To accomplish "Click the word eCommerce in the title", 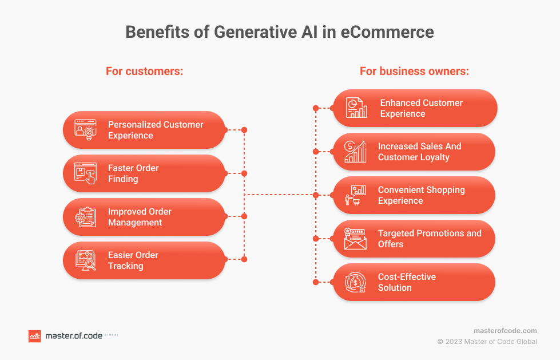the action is (387, 32).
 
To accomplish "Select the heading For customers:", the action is (144, 71).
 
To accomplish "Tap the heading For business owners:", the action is (414, 71).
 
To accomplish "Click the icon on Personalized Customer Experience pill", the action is (85, 130).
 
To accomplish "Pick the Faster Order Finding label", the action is (133, 173).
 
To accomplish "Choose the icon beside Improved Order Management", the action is (85, 217).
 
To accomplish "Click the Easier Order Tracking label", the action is (133, 260).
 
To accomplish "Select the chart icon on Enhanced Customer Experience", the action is (356, 108).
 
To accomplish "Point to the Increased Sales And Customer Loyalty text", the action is (420, 152).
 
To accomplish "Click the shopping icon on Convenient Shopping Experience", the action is (355, 195).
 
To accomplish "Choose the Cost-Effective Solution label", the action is (407, 282).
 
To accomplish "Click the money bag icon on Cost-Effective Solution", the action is (355, 282).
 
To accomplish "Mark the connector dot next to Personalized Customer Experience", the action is (244, 130).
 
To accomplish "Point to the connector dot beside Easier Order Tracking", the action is (244, 259).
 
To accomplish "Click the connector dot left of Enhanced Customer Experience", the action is (316, 108).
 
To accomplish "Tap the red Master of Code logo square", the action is (35, 336).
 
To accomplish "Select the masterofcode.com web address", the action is (505, 331).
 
